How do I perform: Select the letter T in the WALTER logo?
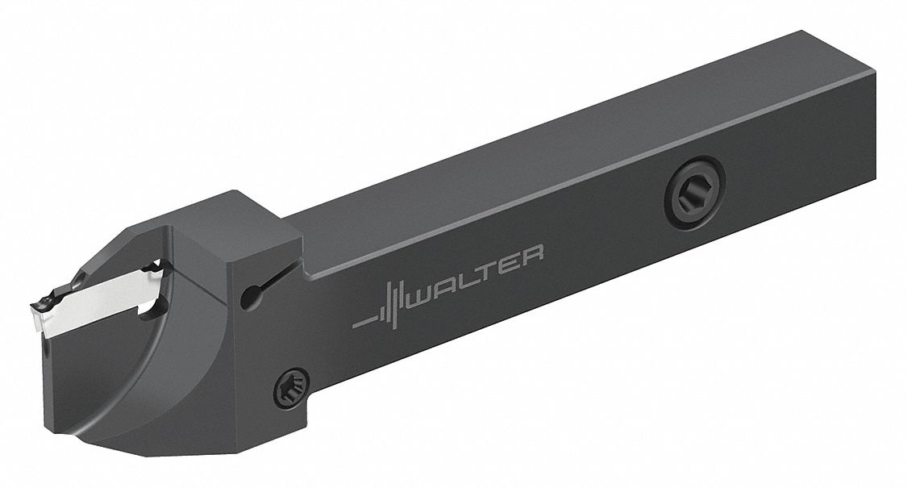coord(492,270)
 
